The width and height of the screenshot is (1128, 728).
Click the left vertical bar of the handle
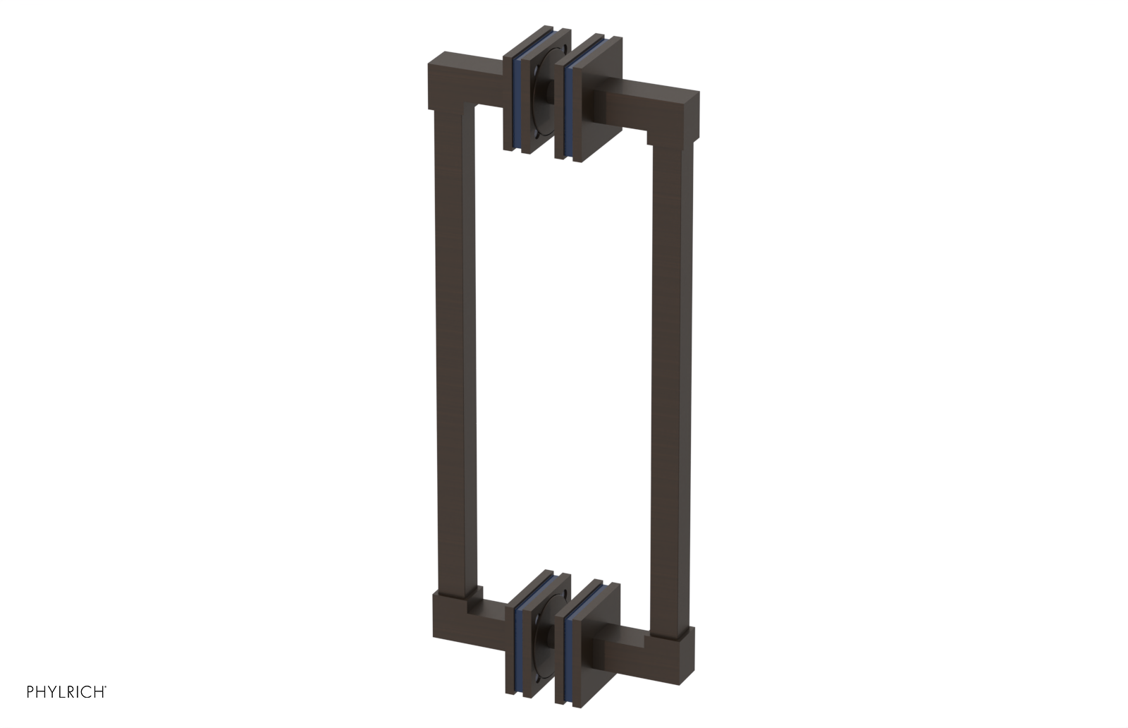pos(451,353)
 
